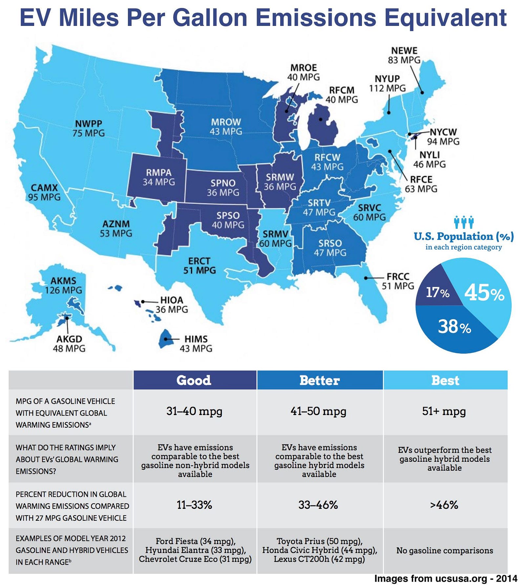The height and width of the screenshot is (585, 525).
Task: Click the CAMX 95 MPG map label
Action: pyautogui.click(x=44, y=192)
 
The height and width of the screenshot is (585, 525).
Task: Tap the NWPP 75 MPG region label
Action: pyautogui.click(x=89, y=128)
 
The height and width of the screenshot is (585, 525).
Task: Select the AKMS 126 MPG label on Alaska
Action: pyautogui.click(x=63, y=285)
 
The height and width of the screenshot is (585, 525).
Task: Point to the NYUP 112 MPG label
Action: pyautogui.click(x=387, y=84)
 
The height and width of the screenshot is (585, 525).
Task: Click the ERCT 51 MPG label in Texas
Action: pyautogui.click(x=199, y=266)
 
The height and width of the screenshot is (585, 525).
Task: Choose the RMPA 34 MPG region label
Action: pyautogui.click(x=158, y=177)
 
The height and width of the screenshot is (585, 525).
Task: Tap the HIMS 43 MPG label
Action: pyautogui.click(x=196, y=343)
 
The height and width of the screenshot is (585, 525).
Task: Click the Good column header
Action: pyautogui.click(x=194, y=380)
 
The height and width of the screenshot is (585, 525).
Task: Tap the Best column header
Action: pyautogui.click(x=445, y=380)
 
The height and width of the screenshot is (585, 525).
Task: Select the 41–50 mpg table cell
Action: pyautogui.click(x=319, y=411)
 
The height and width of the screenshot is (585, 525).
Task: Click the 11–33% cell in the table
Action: pyautogui.click(x=194, y=505)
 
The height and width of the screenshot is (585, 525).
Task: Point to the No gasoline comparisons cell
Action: pyautogui.click(x=445, y=550)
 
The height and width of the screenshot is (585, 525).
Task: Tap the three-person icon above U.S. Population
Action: pyautogui.click(x=464, y=222)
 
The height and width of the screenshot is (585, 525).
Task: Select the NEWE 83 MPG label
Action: pyautogui.click(x=404, y=55)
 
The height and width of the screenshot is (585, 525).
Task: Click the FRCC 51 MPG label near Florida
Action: pyautogui.click(x=398, y=281)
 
